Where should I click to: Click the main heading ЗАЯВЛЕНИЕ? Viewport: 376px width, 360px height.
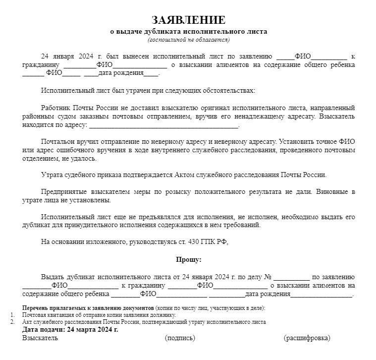(x=188, y=20)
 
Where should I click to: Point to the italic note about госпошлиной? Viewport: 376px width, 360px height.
(x=188, y=40)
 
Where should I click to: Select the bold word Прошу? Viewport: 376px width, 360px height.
(x=188, y=259)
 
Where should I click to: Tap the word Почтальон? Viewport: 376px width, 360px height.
(x=57, y=141)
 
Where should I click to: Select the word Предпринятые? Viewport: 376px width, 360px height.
(x=64, y=192)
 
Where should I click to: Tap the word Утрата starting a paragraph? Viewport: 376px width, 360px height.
(x=52, y=175)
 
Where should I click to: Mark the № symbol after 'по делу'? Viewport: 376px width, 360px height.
(x=268, y=277)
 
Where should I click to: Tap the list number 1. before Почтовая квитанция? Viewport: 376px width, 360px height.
(x=12, y=315)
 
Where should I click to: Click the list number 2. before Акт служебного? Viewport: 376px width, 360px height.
(x=12, y=322)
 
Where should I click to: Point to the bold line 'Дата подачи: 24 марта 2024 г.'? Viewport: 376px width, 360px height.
(x=70, y=329)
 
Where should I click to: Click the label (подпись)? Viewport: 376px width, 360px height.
(x=180, y=338)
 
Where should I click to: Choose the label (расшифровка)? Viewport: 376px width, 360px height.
(x=307, y=338)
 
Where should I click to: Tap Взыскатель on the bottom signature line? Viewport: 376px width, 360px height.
(x=40, y=338)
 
